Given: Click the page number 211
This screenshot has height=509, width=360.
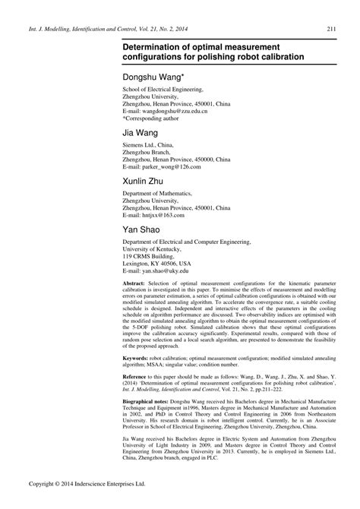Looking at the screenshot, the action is coord(332,30).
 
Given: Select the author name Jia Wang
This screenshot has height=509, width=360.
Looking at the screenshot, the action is coord(141,134).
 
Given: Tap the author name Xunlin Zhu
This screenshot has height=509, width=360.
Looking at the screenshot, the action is coord(144,182).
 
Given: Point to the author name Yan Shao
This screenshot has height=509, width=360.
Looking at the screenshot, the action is coord(142,230).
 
